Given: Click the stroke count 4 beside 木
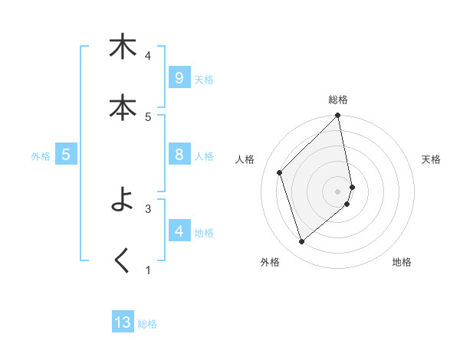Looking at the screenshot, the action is click(x=148, y=56).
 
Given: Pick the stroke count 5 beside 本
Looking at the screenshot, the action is click(x=148, y=117).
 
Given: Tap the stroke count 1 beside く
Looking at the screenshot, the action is click(x=148, y=270).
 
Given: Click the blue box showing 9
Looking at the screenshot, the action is click(x=179, y=78).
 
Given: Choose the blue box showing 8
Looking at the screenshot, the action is click(x=179, y=155).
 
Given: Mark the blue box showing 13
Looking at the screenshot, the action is click(x=123, y=322).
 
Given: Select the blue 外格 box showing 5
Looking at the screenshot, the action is click(x=66, y=155).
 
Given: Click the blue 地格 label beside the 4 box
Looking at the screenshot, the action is click(x=204, y=233).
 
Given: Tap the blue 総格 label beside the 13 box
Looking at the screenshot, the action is click(x=147, y=324).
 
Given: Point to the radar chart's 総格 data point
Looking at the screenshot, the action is click(x=338, y=116).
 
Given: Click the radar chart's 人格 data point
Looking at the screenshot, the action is click(x=280, y=172).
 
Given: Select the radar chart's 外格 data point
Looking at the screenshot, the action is click(x=301, y=242).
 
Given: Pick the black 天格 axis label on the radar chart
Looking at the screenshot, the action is click(x=431, y=159).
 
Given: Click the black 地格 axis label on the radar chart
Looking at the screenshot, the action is click(x=402, y=262).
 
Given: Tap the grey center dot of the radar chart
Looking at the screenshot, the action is click(x=338, y=191).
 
